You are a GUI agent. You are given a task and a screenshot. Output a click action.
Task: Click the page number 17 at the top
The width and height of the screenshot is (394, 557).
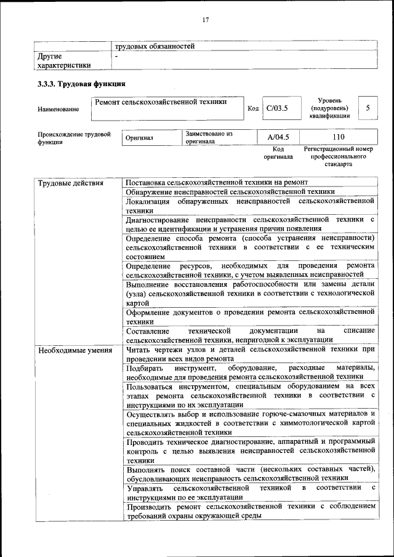point(206,20)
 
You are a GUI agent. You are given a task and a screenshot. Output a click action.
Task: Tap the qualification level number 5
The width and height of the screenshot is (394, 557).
point(368,108)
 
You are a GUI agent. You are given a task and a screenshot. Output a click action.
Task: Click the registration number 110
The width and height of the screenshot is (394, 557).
point(338,137)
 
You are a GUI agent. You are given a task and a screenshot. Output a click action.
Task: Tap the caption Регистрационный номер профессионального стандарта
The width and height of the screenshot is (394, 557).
point(338,157)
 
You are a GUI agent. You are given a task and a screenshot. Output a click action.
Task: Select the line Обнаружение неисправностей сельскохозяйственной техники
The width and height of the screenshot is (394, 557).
point(230,192)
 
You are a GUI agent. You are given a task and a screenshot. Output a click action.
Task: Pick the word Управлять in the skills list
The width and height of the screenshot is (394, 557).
point(145,487)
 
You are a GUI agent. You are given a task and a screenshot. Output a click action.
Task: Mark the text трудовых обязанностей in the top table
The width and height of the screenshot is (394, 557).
point(155,46)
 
